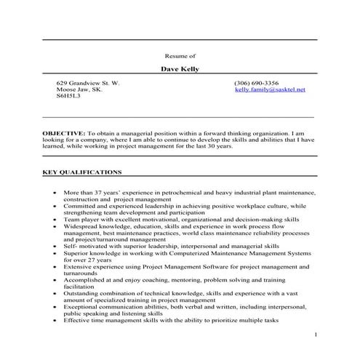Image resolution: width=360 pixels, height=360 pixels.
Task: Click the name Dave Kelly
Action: pos(179,70)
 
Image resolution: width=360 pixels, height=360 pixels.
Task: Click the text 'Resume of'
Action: pos(180,55)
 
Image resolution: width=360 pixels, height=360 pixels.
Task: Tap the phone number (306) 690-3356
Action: pos(257,83)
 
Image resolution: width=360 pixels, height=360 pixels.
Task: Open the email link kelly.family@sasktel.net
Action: pos(270,89)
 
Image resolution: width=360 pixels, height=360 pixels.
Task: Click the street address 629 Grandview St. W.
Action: pos(87,83)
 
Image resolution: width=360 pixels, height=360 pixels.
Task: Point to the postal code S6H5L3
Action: pos(69,96)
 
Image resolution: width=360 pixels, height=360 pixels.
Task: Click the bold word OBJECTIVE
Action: pos(63,135)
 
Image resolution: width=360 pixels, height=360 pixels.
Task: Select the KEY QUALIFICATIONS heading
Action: pos(82,172)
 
